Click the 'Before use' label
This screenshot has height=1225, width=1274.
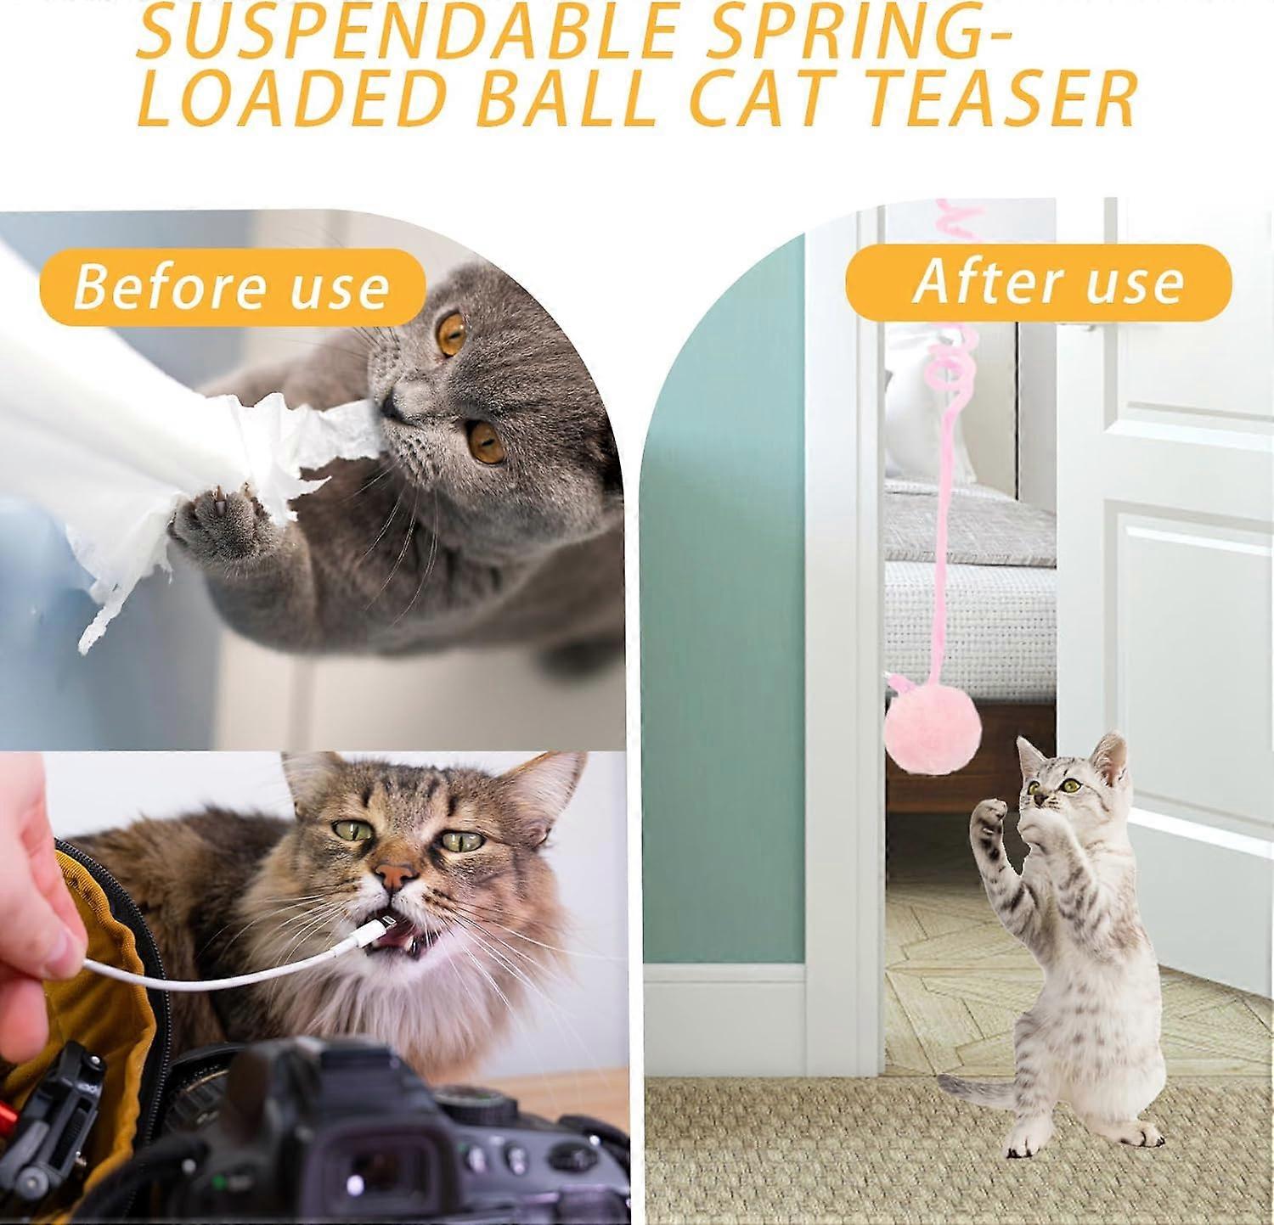pyautogui.click(x=231, y=287)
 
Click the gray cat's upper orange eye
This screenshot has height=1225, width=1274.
pyautogui.click(x=451, y=331)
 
